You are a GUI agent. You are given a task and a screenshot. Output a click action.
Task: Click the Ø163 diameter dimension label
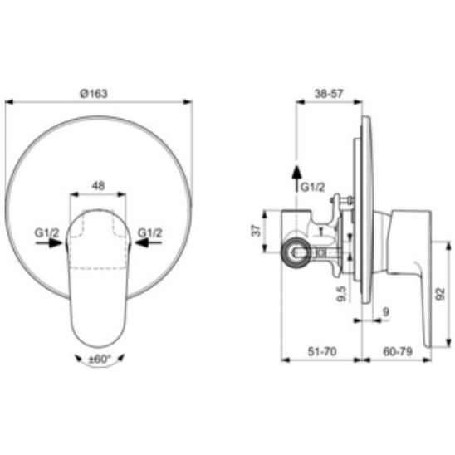[94, 94]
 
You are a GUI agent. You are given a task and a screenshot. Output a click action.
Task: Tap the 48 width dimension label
[98, 186]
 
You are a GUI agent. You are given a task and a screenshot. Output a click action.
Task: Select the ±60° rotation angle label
[100, 360]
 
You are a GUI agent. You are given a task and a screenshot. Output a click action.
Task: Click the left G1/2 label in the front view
[46, 232]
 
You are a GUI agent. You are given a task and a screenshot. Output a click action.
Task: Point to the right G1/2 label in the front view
[149, 232]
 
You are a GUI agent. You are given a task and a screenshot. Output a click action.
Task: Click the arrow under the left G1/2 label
[49, 243]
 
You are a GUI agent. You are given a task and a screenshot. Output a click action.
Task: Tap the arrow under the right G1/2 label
[149, 243]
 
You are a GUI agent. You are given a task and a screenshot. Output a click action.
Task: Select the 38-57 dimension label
[329, 94]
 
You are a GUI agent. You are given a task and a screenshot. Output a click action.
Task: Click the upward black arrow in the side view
[296, 179]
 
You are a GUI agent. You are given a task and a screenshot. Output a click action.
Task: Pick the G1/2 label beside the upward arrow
[312, 187]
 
